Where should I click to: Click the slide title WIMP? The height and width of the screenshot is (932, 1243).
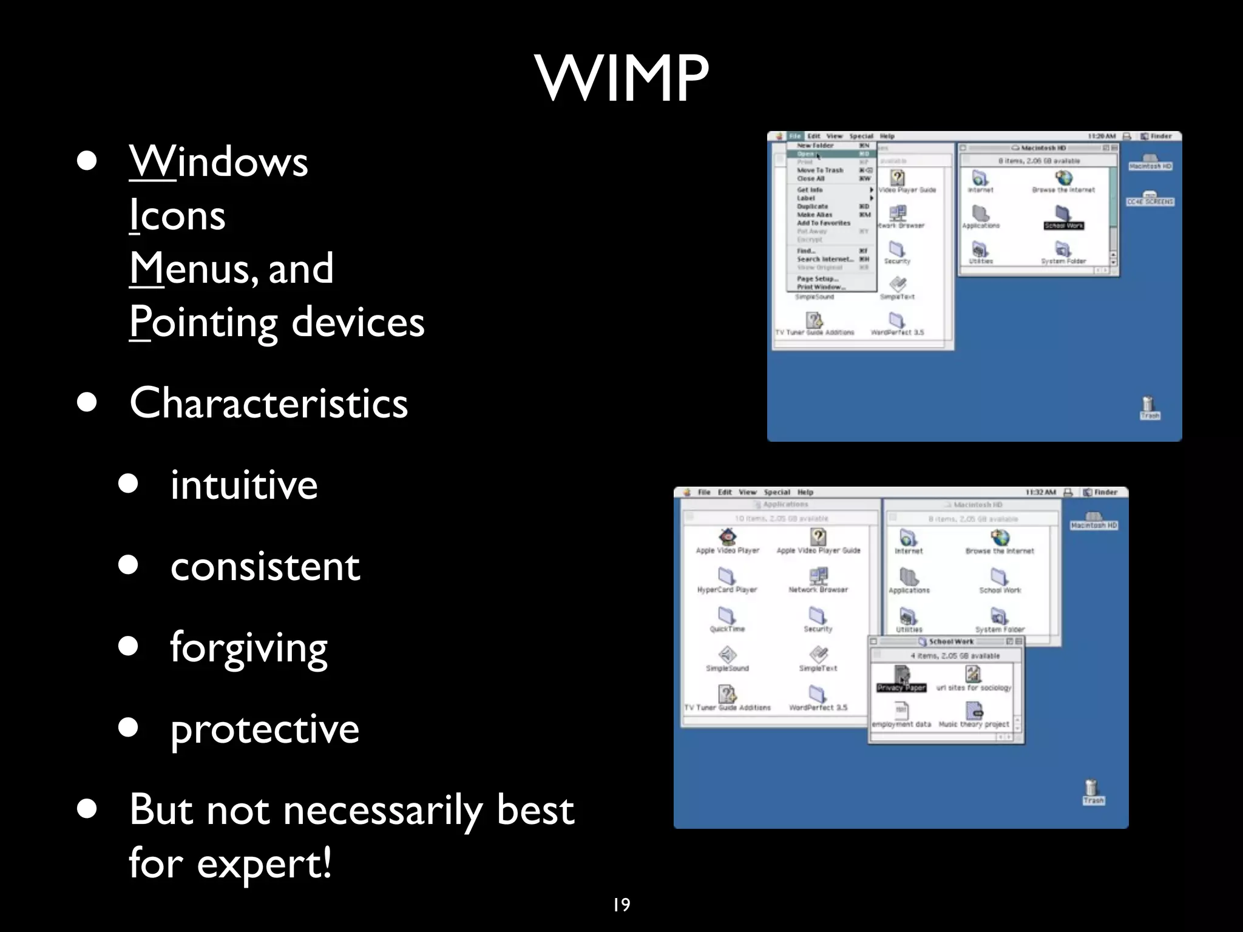(621, 79)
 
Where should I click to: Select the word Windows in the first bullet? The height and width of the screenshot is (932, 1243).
(218, 161)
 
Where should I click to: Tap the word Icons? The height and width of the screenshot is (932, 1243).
(177, 215)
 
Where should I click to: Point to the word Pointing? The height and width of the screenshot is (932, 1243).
(203, 322)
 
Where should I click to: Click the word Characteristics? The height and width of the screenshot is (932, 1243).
(268, 403)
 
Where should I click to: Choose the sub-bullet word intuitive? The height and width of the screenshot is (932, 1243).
(244, 485)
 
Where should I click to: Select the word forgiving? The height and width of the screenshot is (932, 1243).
(249, 647)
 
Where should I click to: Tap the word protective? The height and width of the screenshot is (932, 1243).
(265, 729)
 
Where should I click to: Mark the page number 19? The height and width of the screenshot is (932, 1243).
(621, 905)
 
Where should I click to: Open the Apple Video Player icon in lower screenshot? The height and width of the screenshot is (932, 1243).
(728, 537)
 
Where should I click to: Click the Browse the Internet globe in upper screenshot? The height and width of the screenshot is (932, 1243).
(1063, 178)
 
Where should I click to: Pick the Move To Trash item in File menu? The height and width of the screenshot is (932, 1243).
(821, 171)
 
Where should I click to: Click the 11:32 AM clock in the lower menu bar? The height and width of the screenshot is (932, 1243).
(1040, 492)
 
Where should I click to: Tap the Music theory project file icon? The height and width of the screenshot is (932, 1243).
(974, 711)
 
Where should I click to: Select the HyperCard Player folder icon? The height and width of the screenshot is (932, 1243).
(726, 576)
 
